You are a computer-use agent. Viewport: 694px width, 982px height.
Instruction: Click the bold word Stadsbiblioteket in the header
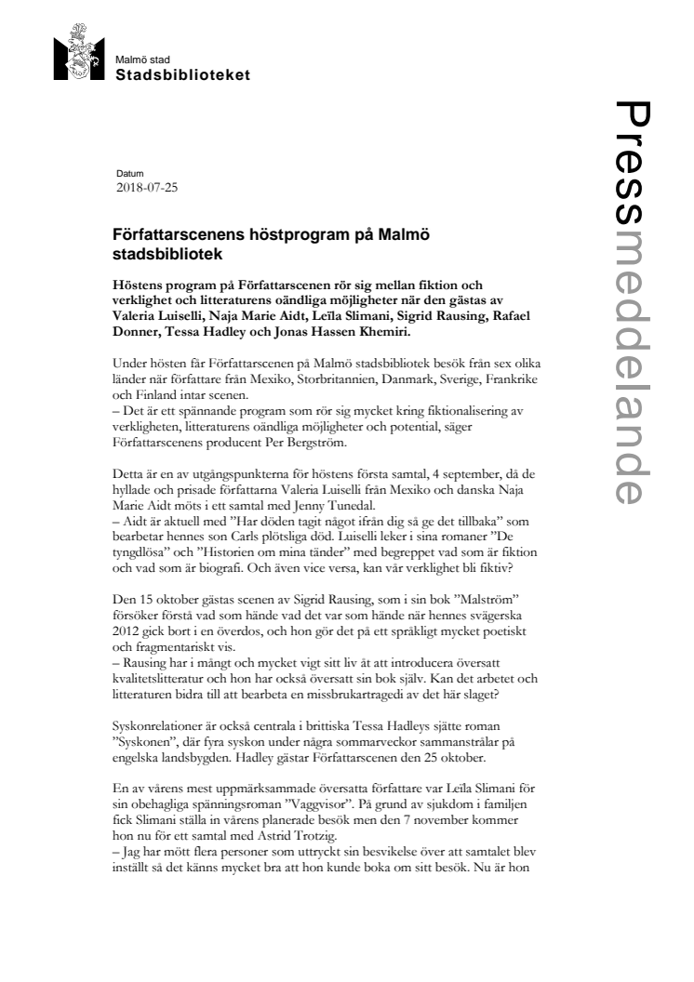(181, 74)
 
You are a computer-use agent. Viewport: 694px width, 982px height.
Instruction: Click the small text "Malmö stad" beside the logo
(138, 60)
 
